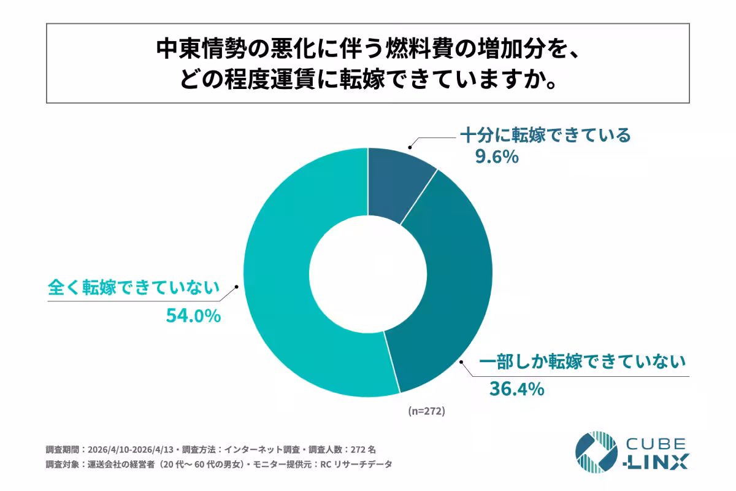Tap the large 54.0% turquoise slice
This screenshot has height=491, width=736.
288,295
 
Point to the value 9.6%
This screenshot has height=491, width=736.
497,158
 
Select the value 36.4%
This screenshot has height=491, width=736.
516,389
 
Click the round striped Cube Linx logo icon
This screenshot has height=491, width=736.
596,452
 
